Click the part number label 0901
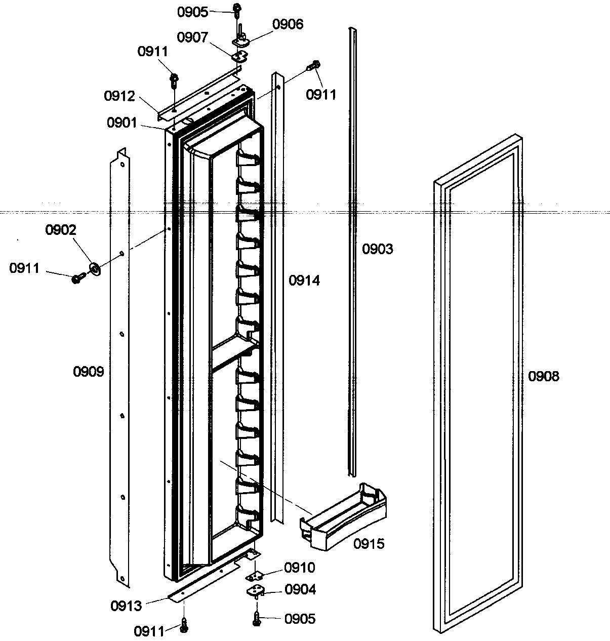click(122, 122)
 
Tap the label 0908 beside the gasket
click(544, 376)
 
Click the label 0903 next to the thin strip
click(377, 249)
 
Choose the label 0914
click(304, 281)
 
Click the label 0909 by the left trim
click(89, 372)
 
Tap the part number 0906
click(288, 24)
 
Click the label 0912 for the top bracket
click(119, 96)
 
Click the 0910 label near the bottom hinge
click(299, 568)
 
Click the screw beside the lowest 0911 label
click(185, 626)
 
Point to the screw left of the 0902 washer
click(77, 278)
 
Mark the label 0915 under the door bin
click(369, 544)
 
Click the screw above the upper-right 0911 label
click(314, 65)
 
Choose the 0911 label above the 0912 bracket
click(152, 52)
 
